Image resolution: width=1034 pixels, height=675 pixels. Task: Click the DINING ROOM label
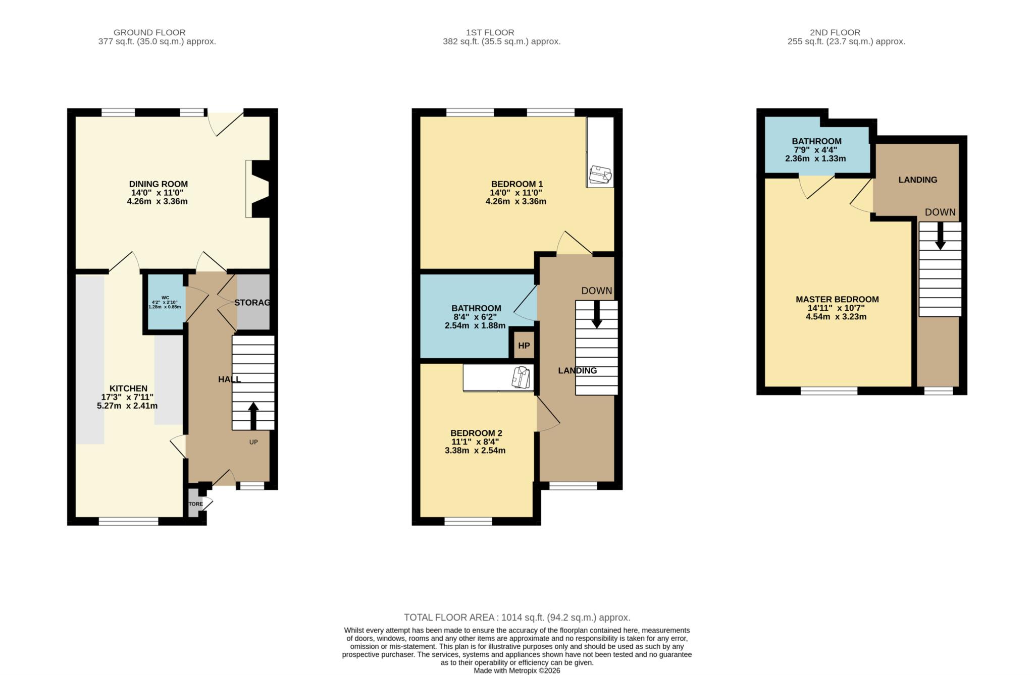pos(158,184)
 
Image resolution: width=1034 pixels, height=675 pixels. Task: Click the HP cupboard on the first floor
pos(524,346)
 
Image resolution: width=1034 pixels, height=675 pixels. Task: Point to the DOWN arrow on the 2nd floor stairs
pos(940,237)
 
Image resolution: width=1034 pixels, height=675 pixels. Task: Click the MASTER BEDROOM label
pos(837,299)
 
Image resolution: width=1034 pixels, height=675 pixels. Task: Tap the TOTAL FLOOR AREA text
pos(516,617)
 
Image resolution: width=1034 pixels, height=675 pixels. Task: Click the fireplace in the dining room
pos(258,189)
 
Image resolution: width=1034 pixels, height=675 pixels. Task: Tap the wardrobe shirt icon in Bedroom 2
pos(521,377)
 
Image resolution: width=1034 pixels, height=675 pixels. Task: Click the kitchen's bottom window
pos(128,522)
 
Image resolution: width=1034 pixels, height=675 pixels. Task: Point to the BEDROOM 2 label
pos(476,433)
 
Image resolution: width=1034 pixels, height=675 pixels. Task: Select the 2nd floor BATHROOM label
pos(816,141)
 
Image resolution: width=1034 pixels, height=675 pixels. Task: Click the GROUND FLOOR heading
pos(149,32)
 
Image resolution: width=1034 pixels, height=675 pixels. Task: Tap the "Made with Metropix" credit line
pos(516,670)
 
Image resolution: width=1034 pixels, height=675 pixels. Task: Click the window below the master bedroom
pos(829,390)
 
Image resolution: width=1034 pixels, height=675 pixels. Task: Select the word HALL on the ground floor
pos(229,379)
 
